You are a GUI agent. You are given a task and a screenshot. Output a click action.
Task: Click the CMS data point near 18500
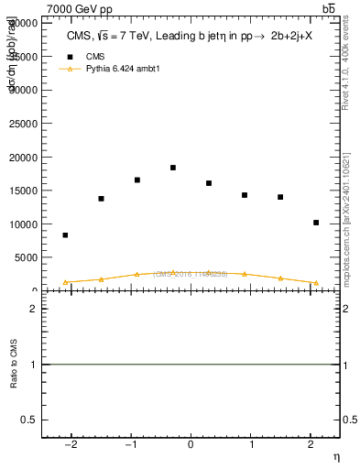coord(173,168)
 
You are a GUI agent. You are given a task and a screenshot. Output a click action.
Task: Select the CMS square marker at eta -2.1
coord(65,235)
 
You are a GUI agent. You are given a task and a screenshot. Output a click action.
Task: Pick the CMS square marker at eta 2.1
coord(316,223)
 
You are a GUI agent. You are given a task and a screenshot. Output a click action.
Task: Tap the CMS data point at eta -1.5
coord(101,199)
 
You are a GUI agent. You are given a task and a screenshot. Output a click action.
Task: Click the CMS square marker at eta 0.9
coord(245,195)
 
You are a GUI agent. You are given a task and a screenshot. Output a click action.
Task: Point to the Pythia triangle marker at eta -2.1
coord(65,282)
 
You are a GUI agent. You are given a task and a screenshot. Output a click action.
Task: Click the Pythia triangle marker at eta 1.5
coord(280,278)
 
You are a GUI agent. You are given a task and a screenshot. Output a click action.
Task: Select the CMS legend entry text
coord(95,56)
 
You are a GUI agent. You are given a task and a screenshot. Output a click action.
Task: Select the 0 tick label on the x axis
coord(191,444)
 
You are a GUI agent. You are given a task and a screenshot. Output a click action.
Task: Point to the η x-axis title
coord(335,456)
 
